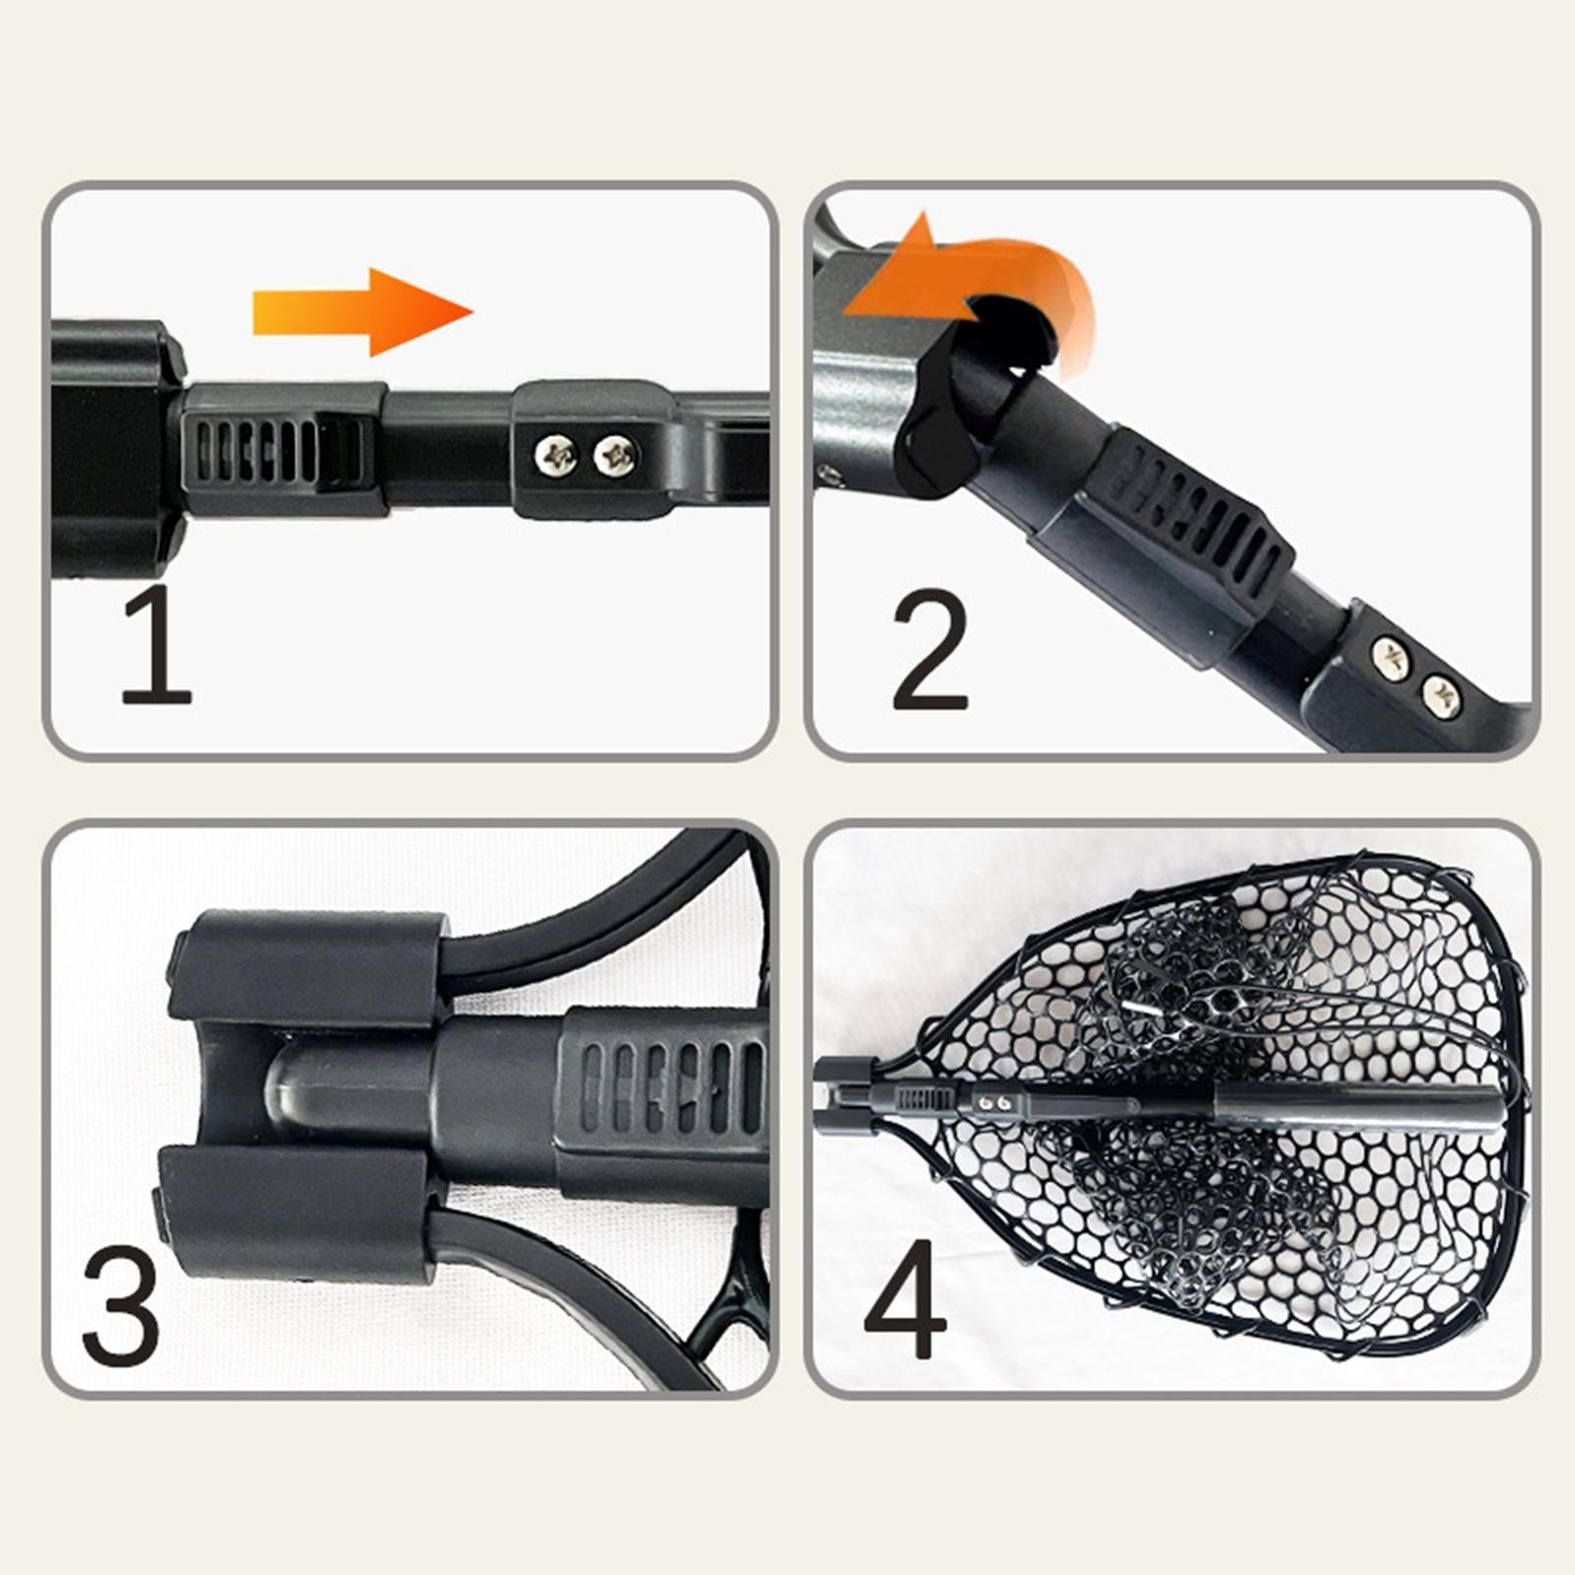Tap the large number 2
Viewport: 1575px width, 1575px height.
pos(930,650)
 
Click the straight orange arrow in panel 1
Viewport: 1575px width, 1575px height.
pos(362,312)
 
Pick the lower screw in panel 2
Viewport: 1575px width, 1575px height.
pos(1441,696)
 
